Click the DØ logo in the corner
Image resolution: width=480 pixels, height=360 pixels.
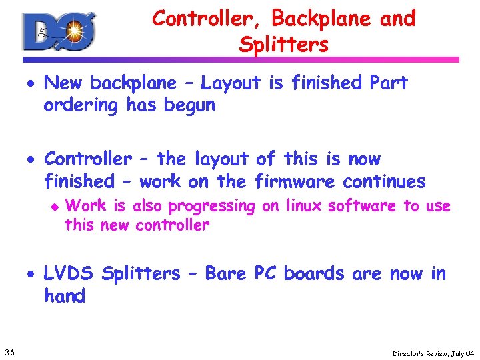(59, 31)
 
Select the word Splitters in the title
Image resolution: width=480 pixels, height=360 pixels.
(283, 45)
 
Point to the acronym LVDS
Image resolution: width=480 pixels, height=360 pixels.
(69, 273)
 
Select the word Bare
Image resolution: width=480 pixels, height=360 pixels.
(227, 273)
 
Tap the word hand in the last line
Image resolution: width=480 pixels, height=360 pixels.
(65, 296)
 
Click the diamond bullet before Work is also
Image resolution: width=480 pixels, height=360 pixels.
(56, 207)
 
